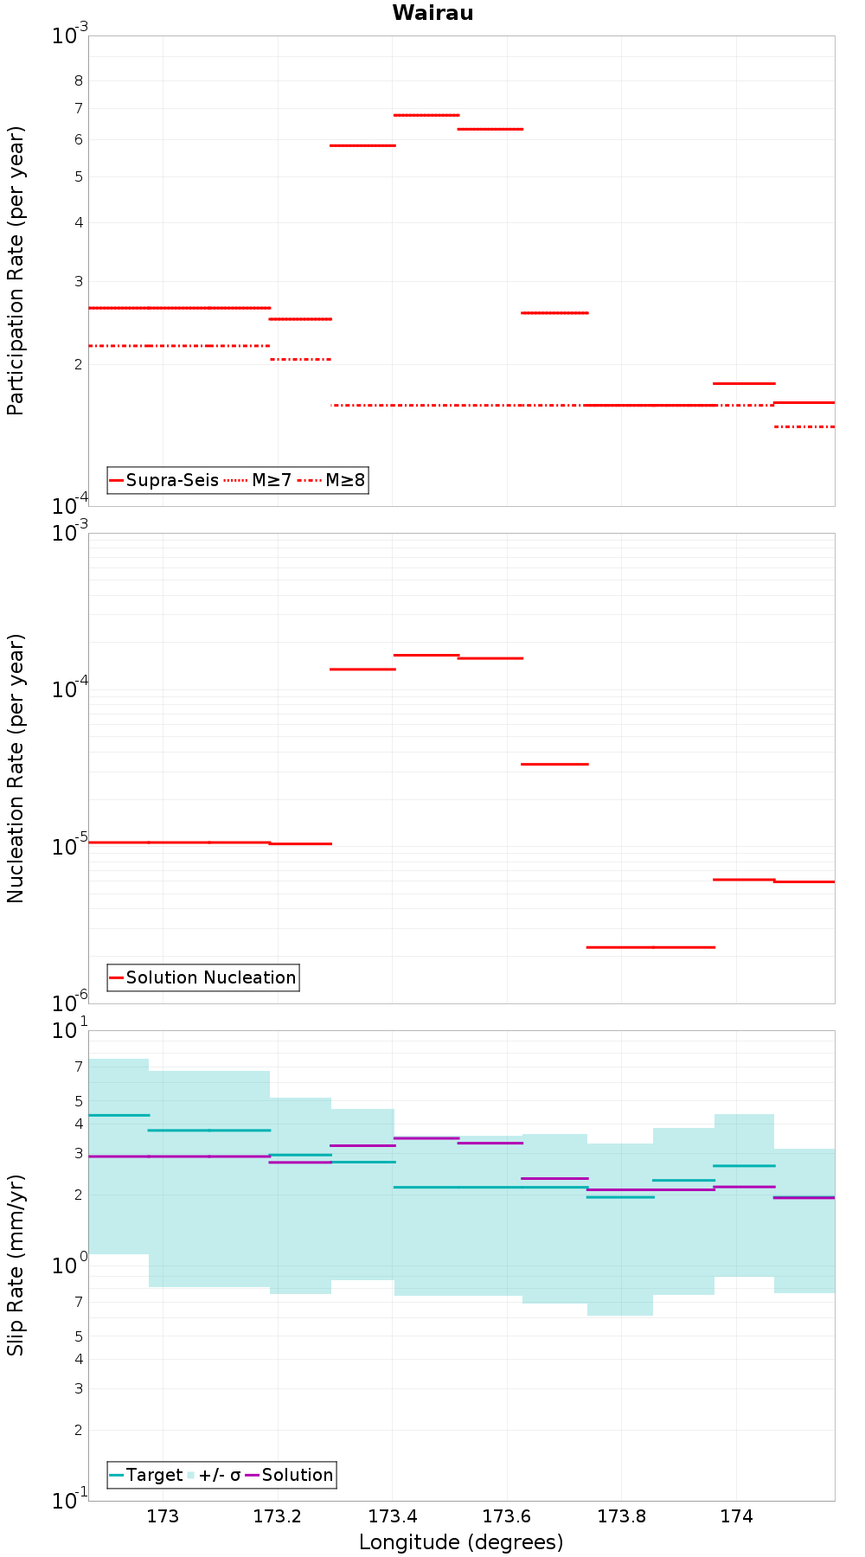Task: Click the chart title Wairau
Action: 432,13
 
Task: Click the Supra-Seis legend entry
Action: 163,480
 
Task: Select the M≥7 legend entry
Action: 258,480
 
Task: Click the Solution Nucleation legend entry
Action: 203,977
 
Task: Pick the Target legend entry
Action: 146,1475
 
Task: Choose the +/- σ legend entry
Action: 215,1475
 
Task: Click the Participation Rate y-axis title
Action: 16,271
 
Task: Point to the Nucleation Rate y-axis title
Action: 16,769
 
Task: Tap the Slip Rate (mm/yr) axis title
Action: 16,1265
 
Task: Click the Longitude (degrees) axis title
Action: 461,1542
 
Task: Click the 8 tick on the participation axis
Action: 79,80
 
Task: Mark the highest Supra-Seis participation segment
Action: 426,115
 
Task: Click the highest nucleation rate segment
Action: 426,655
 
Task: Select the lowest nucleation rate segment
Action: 650,947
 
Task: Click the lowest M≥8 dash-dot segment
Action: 804,426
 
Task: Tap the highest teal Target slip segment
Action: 119,1115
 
